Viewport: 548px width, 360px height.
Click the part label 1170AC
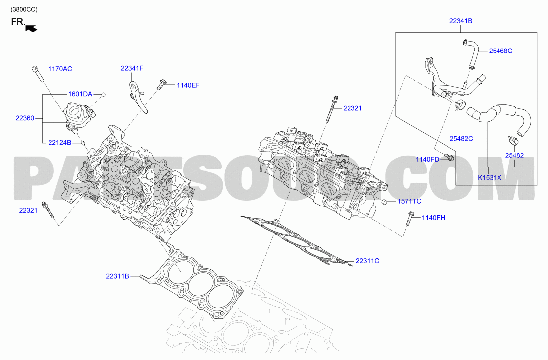click(x=60, y=69)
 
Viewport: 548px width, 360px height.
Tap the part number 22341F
click(x=132, y=68)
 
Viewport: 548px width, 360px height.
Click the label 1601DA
click(x=80, y=94)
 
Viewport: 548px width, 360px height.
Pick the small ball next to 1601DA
click(x=103, y=95)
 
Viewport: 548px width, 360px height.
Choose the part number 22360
click(x=25, y=118)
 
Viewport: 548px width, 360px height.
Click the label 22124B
click(x=60, y=142)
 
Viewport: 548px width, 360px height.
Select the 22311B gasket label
click(x=117, y=276)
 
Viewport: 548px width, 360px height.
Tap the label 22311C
click(x=367, y=261)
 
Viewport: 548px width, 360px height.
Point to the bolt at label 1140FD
click(x=448, y=157)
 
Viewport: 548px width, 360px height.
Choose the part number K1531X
click(x=490, y=178)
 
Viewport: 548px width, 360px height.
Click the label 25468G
click(x=500, y=51)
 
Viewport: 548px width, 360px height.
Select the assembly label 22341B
click(x=461, y=21)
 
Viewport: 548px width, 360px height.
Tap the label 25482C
click(x=461, y=139)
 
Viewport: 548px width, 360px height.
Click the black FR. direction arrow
click(x=31, y=29)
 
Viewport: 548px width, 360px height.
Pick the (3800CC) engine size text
click(x=24, y=9)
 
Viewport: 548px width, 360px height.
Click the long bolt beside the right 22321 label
click(x=332, y=109)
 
